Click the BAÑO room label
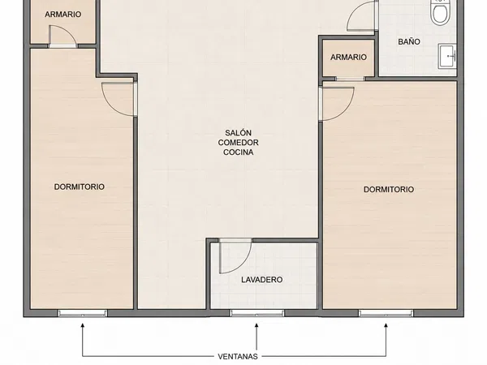(x=409, y=41)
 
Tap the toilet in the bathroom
(x=440, y=11)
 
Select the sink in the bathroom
(x=447, y=56)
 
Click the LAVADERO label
(x=262, y=280)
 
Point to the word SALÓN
(x=238, y=133)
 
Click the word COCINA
(x=238, y=152)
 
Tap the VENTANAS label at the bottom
(x=238, y=357)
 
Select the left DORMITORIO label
(x=80, y=187)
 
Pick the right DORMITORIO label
(x=389, y=189)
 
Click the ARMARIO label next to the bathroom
(x=348, y=57)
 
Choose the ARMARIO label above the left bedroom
(x=63, y=15)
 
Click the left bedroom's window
(x=83, y=313)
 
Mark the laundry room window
(x=256, y=313)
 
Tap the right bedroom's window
(x=386, y=313)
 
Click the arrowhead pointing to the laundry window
(x=256, y=325)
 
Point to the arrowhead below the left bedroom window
(x=83, y=325)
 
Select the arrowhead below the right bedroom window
(x=386, y=325)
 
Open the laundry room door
(x=235, y=256)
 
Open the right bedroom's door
(x=337, y=104)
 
